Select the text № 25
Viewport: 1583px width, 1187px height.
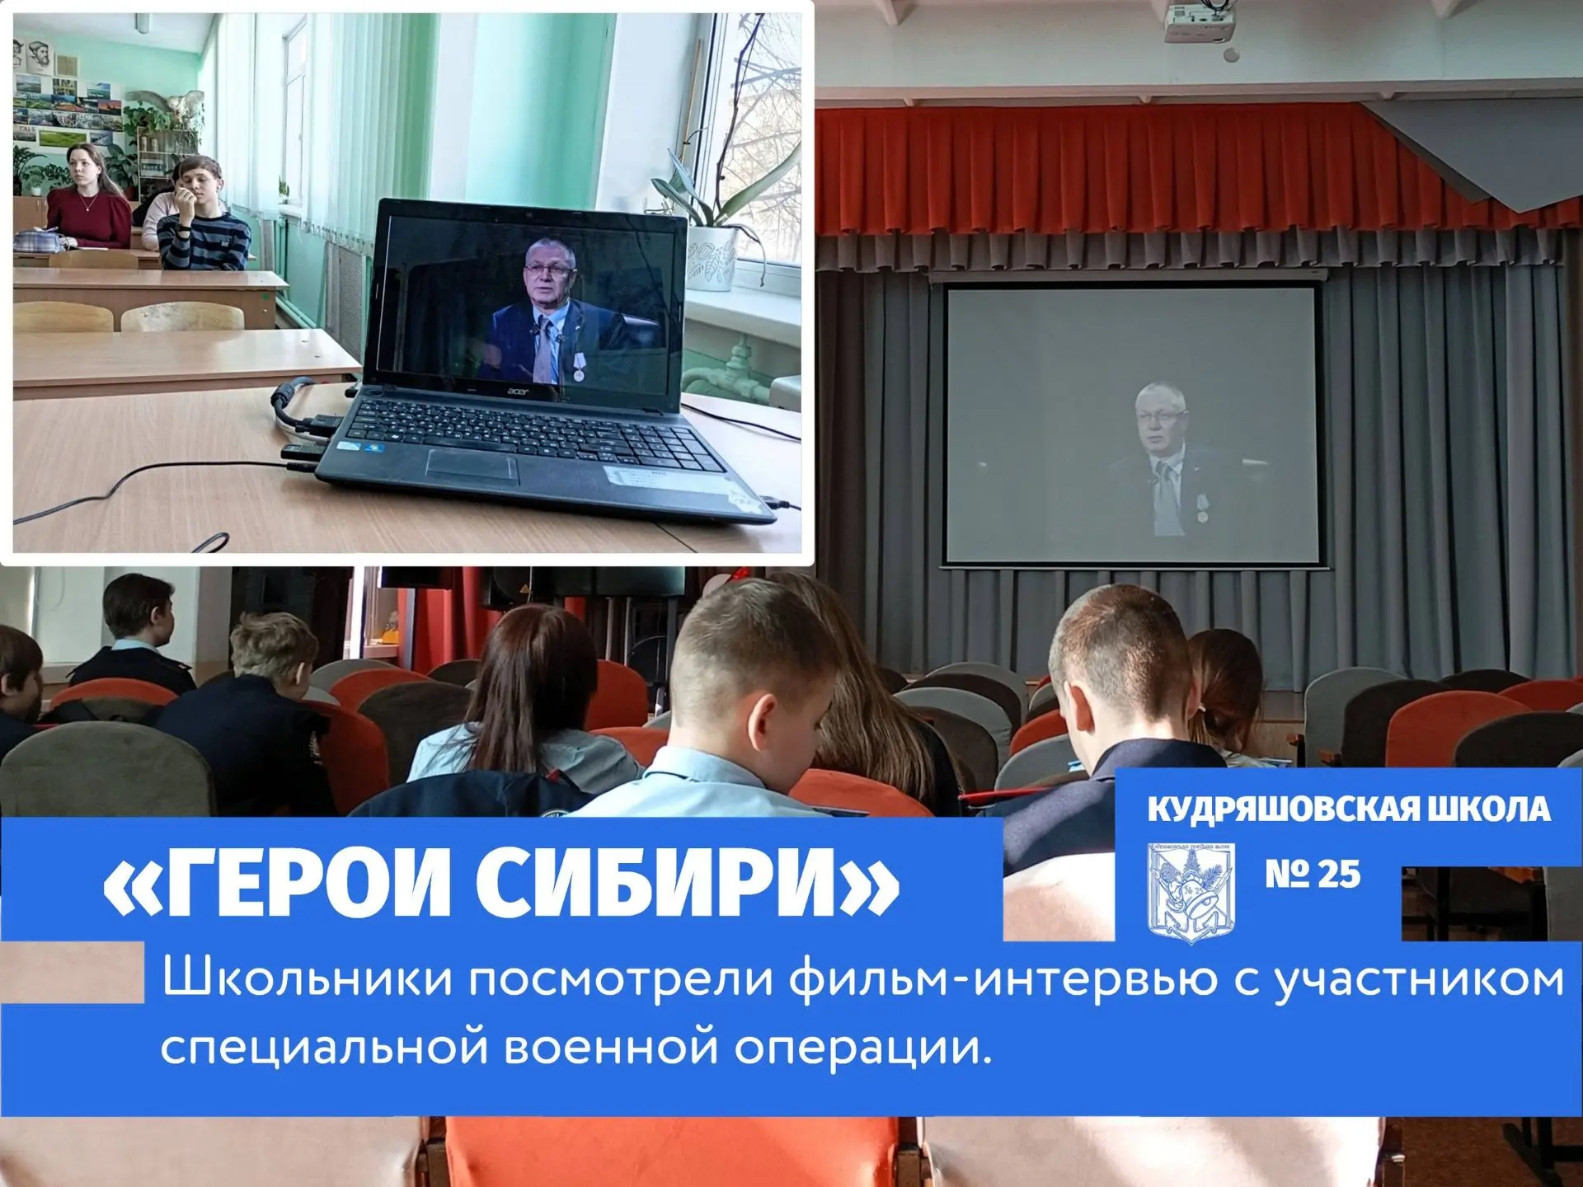[x=1313, y=875]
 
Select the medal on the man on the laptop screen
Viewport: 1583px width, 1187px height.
[x=579, y=373]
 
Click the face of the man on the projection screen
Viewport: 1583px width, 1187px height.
[x=1161, y=421]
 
